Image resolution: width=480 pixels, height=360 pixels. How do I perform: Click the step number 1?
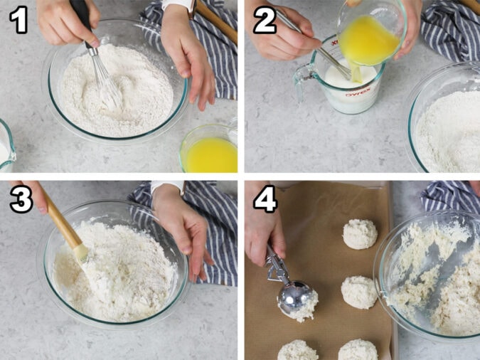[19, 19]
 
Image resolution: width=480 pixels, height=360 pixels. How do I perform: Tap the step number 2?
[264, 19]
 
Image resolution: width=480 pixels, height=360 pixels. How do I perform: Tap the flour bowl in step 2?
[447, 128]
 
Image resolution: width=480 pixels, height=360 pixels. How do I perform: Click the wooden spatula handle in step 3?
[60, 221]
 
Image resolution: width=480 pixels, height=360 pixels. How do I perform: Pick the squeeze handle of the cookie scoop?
[273, 263]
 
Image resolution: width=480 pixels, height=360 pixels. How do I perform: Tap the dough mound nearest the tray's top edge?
[360, 233]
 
